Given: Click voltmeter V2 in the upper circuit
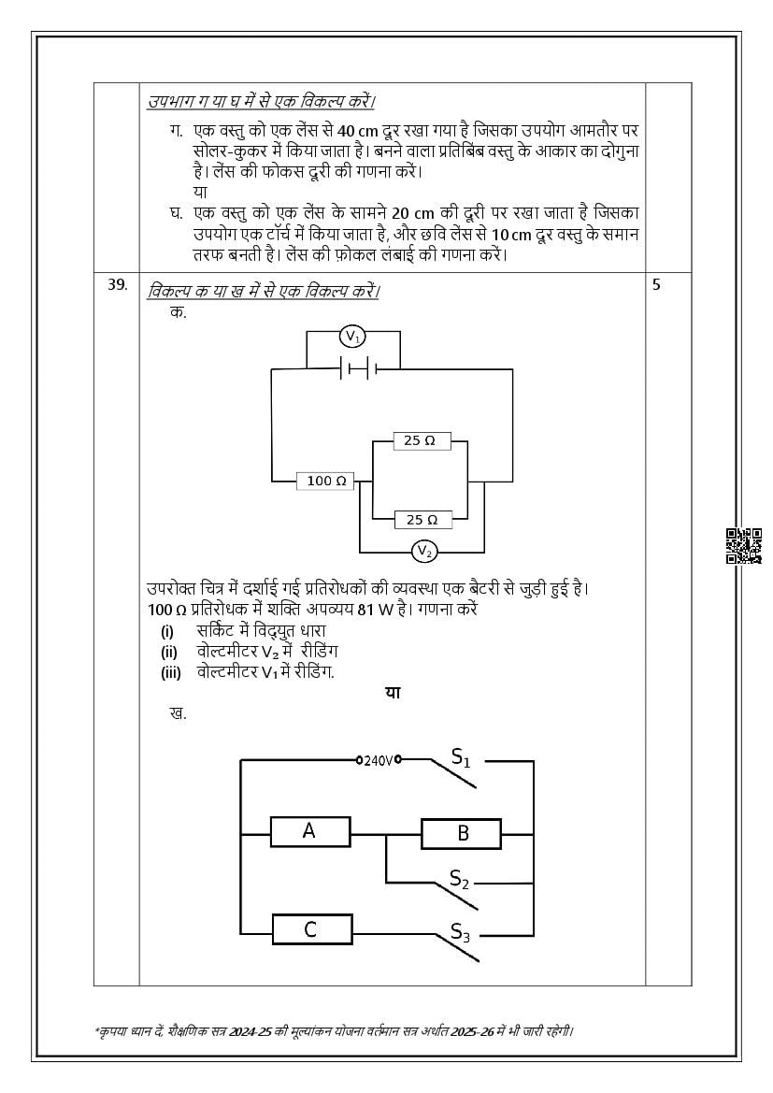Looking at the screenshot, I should tap(424, 552).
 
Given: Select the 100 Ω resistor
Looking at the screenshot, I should tap(326, 481).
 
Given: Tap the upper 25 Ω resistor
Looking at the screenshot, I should tap(420, 439).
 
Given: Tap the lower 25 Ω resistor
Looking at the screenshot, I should tap(420, 519).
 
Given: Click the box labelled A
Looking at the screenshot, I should tap(309, 830).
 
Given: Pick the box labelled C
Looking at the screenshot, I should tap(311, 929).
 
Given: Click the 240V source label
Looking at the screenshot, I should tap(379, 760).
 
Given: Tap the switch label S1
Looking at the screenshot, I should tap(461, 757).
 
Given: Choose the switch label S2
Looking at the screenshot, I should tap(459, 879).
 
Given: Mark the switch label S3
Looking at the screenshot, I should tap(460, 931).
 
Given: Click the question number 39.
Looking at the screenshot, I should tap(117, 286).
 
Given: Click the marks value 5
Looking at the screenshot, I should tap(656, 285).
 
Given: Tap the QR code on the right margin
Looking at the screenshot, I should tap(744, 546).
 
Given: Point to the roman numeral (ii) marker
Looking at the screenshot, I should tap(168, 652).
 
